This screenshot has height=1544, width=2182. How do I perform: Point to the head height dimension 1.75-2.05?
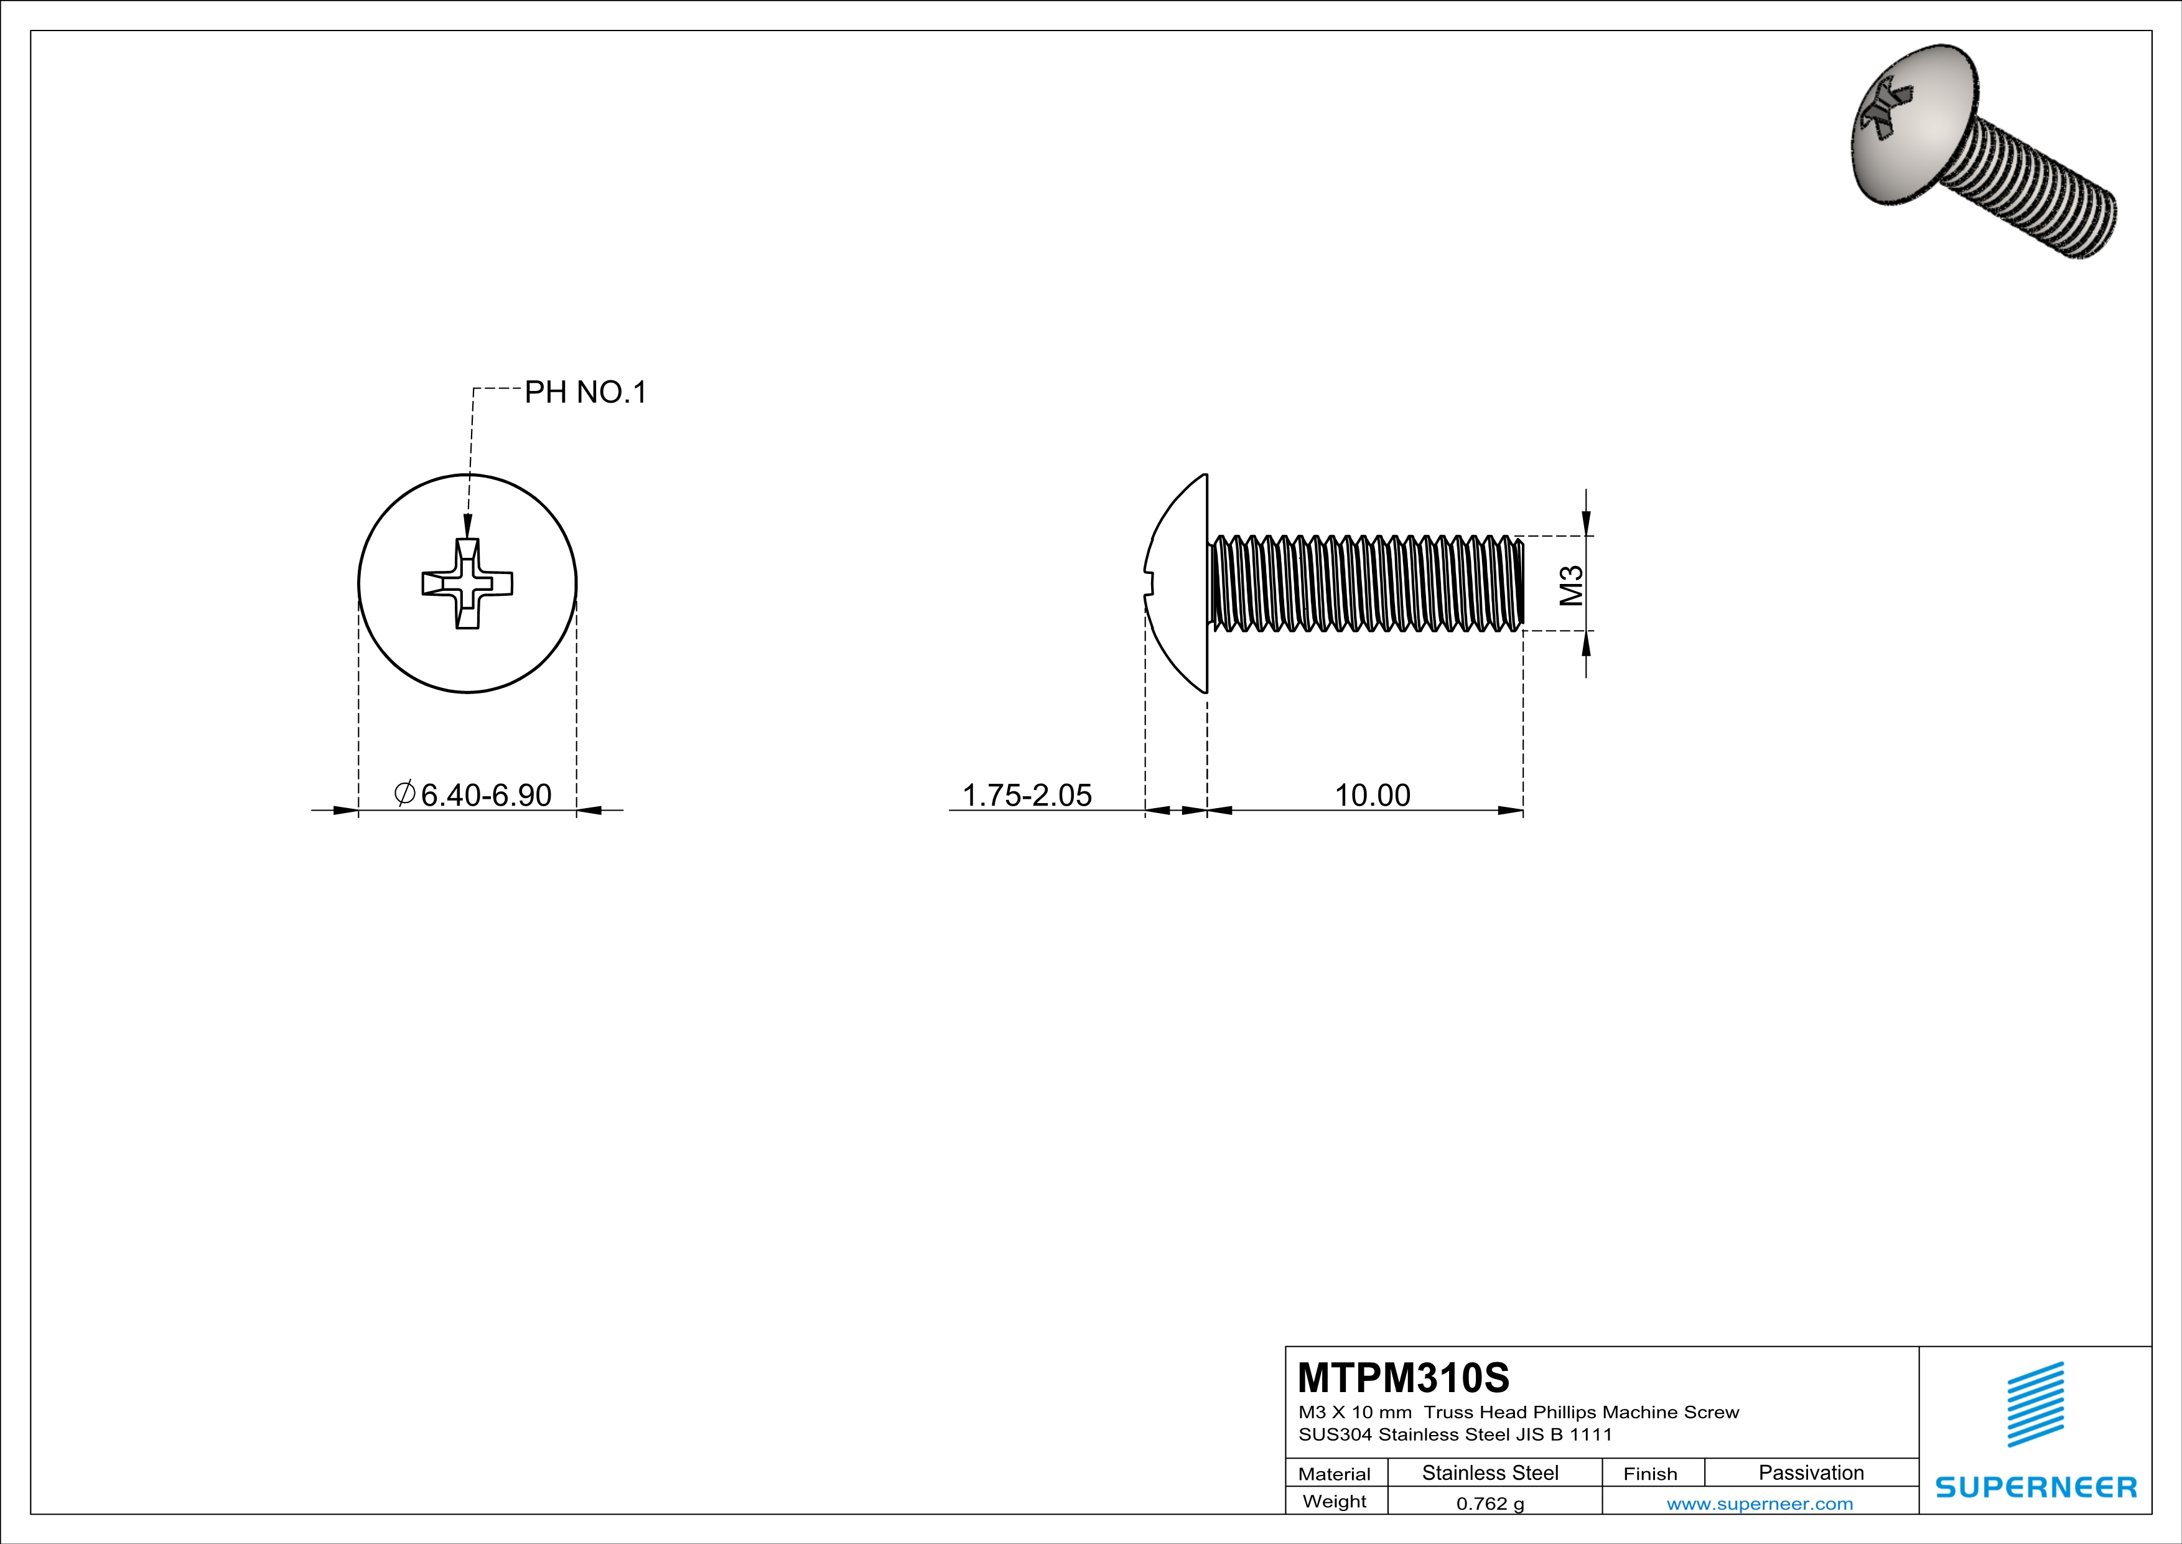pyautogui.click(x=1027, y=795)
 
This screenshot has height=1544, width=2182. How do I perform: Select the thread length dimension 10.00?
pyautogui.click(x=1373, y=795)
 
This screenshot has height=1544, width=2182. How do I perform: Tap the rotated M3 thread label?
pyautogui.click(x=1571, y=585)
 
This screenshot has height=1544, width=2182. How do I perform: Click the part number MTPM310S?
pyautogui.click(x=1402, y=1378)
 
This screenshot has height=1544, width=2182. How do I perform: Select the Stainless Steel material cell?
pyautogui.click(x=1490, y=1472)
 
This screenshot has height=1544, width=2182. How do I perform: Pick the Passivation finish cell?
pyautogui.click(x=1811, y=1472)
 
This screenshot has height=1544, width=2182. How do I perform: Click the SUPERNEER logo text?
pyautogui.click(x=2036, y=1487)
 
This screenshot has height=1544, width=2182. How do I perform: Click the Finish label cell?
pyautogui.click(x=1651, y=1474)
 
